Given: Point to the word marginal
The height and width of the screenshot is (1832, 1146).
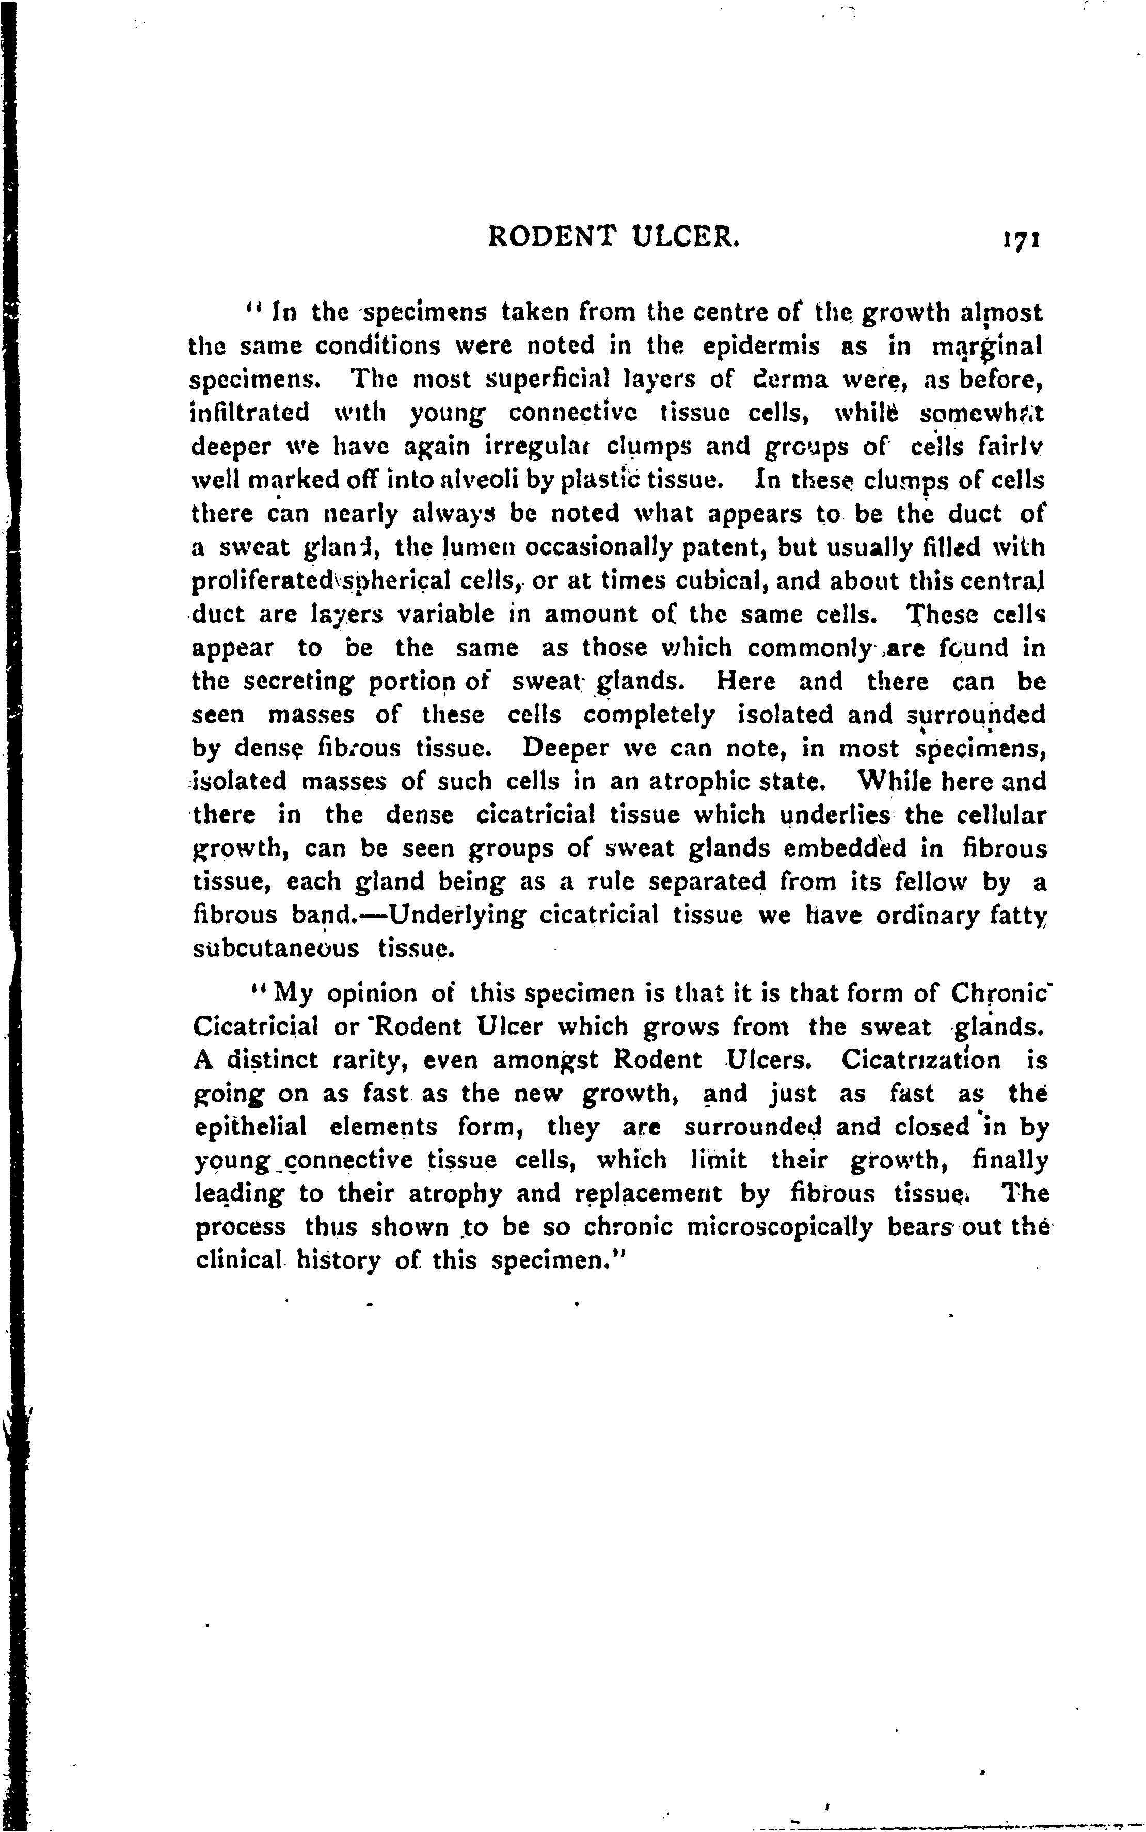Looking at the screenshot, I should [988, 347].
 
